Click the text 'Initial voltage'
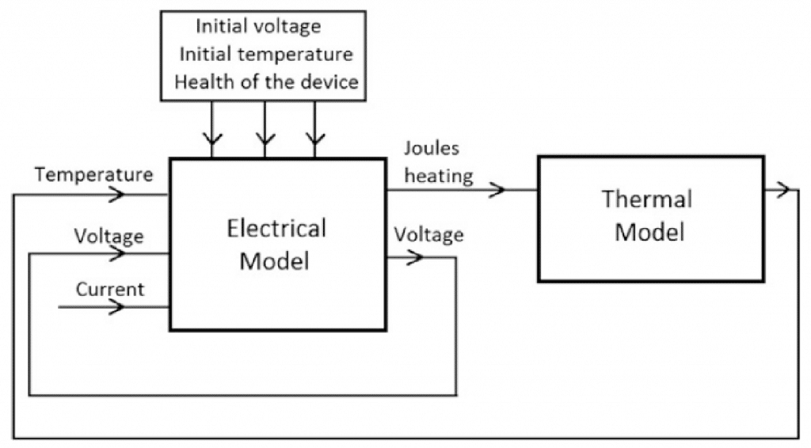(x=258, y=26)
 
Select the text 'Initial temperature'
(x=266, y=54)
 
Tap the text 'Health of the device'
(x=266, y=82)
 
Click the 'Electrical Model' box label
(x=276, y=245)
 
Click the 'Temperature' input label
(x=93, y=175)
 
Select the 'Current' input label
(x=110, y=290)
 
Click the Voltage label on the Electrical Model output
(x=428, y=235)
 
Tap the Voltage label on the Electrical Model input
(x=109, y=237)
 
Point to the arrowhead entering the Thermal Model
(x=498, y=190)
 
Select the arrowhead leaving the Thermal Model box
(x=782, y=190)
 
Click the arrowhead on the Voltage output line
(x=415, y=256)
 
